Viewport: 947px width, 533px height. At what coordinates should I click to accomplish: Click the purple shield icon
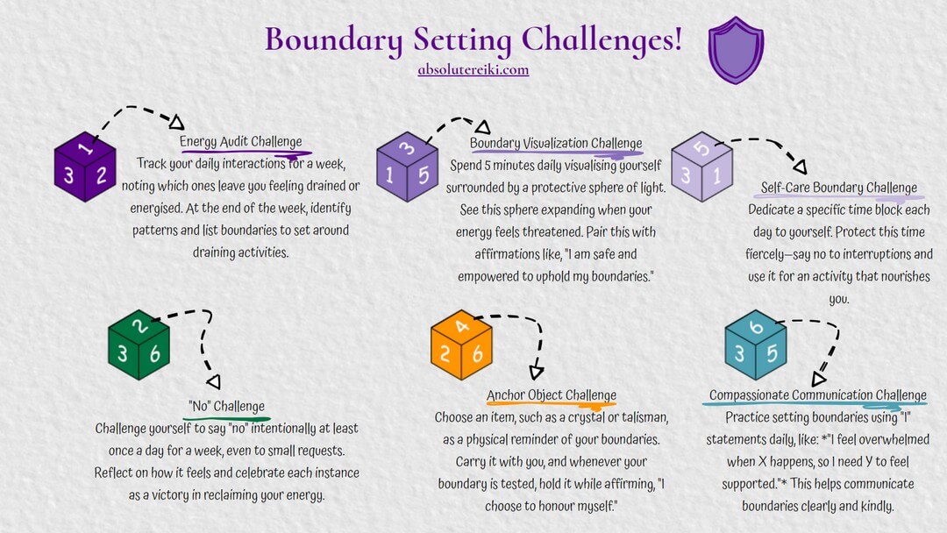736,50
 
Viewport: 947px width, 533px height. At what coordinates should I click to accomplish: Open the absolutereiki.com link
473,69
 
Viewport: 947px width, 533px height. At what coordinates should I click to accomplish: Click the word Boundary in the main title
333,39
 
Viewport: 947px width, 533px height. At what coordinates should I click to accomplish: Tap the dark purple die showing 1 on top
84,167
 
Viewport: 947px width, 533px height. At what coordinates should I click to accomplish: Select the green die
139,345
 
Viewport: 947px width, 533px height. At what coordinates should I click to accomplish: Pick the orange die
461,345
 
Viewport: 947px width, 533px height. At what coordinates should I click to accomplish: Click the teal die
756,345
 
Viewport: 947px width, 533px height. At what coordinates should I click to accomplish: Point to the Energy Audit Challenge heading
240,141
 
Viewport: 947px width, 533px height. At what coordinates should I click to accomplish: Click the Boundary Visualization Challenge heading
556,143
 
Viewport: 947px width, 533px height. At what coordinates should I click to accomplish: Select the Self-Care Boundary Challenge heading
839,188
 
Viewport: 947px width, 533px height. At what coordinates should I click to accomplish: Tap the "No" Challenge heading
226,406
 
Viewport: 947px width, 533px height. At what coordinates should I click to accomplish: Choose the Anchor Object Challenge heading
552,394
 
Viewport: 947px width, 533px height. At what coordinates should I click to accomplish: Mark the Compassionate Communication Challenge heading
818,394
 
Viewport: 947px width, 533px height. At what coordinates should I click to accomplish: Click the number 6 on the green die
155,353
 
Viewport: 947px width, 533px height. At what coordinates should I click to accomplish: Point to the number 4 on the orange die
462,326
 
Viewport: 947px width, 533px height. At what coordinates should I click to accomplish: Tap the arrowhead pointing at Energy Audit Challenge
176,123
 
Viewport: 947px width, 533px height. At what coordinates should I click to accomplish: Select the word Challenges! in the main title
602,39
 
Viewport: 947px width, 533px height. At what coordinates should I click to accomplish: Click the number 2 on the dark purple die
101,175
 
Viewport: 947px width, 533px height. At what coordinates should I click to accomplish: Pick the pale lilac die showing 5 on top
701,167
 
